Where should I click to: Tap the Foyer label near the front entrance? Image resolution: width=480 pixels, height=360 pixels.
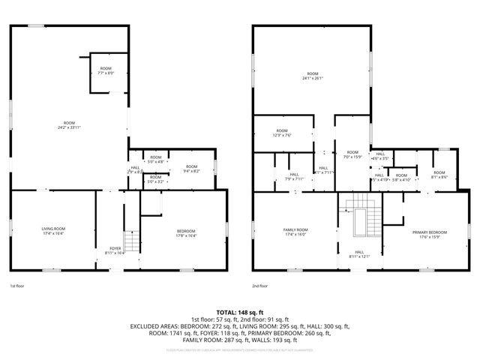point(115,250)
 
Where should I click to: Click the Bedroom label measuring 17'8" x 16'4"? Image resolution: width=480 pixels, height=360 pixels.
point(185,232)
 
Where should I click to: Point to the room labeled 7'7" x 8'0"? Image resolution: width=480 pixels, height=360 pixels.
point(106,71)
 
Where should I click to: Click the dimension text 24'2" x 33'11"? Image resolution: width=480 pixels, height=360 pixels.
point(69,127)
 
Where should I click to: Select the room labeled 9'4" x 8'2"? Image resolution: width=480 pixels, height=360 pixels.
point(191,169)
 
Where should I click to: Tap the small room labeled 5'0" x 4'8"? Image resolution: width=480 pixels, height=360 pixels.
point(155,160)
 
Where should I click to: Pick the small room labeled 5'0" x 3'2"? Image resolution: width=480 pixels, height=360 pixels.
point(155,179)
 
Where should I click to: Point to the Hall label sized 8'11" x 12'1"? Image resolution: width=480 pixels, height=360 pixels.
point(359,254)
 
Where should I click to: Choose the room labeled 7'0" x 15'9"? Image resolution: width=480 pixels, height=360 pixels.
point(352,154)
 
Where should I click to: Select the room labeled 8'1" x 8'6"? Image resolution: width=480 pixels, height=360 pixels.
point(439,175)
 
